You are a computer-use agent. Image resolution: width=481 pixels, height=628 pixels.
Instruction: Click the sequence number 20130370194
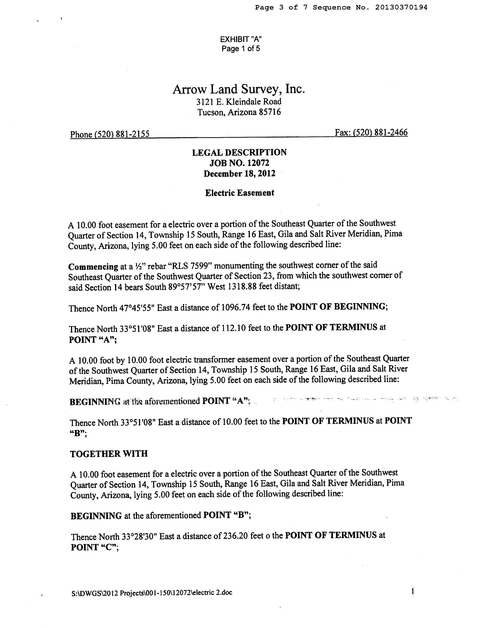[x=401, y=7]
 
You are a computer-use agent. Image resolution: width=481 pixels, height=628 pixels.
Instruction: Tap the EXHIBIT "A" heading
[x=241, y=39]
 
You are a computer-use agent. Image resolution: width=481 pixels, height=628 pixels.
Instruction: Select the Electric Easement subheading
[x=239, y=193]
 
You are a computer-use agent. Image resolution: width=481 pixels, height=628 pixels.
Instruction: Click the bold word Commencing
[x=93, y=267]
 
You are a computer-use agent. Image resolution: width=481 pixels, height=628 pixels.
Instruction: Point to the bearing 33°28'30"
[x=139, y=536]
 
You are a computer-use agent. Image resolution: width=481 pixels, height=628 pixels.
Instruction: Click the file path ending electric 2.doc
[x=152, y=592]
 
